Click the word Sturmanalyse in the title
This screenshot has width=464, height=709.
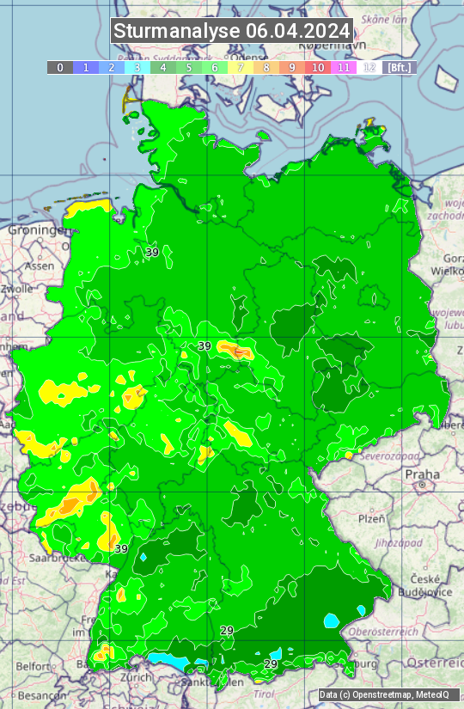tap(176, 31)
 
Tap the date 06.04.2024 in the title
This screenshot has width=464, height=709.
tap(297, 31)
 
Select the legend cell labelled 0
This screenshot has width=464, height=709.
tap(60, 67)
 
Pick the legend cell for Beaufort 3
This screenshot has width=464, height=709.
tap(137, 67)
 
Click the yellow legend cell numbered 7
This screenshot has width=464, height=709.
tap(241, 67)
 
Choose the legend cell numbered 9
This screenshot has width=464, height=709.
tap(292, 67)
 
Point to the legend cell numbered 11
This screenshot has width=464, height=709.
tap(344, 67)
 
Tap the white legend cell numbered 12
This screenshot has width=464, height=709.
tap(369, 67)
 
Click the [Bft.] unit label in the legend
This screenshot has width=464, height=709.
tap(399, 67)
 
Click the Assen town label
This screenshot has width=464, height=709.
tap(40, 266)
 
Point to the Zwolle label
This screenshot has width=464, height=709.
tap(17, 289)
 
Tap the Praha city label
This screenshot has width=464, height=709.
tap(422, 474)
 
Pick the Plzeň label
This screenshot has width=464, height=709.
tap(371, 519)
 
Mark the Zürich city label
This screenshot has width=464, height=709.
tap(136, 676)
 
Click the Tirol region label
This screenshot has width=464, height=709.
tap(264, 694)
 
